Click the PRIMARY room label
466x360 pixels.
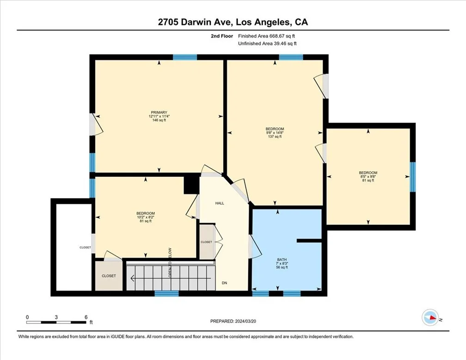click(x=159, y=112)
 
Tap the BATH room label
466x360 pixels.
click(x=282, y=260)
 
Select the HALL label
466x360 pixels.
click(x=220, y=203)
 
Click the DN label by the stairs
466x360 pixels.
click(x=224, y=283)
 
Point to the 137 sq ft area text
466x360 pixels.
click(x=275, y=137)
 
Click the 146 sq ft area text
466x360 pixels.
click(x=159, y=120)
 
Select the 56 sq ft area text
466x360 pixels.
click(x=282, y=267)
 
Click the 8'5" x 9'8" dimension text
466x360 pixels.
click(x=368, y=176)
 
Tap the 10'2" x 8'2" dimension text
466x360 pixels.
click(x=146, y=217)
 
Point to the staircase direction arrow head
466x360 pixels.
click(x=132, y=279)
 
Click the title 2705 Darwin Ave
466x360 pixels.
click(x=196, y=22)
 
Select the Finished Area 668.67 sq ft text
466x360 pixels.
click(x=267, y=36)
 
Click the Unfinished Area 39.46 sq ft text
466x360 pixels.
click(x=268, y=43)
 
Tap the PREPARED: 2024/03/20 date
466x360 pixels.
click(x=233, y=321)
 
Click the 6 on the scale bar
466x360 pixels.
click(x=86, y=317)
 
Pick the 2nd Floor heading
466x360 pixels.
click(x=222, y=36)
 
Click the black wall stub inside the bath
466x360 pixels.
click(x=309, y=241)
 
